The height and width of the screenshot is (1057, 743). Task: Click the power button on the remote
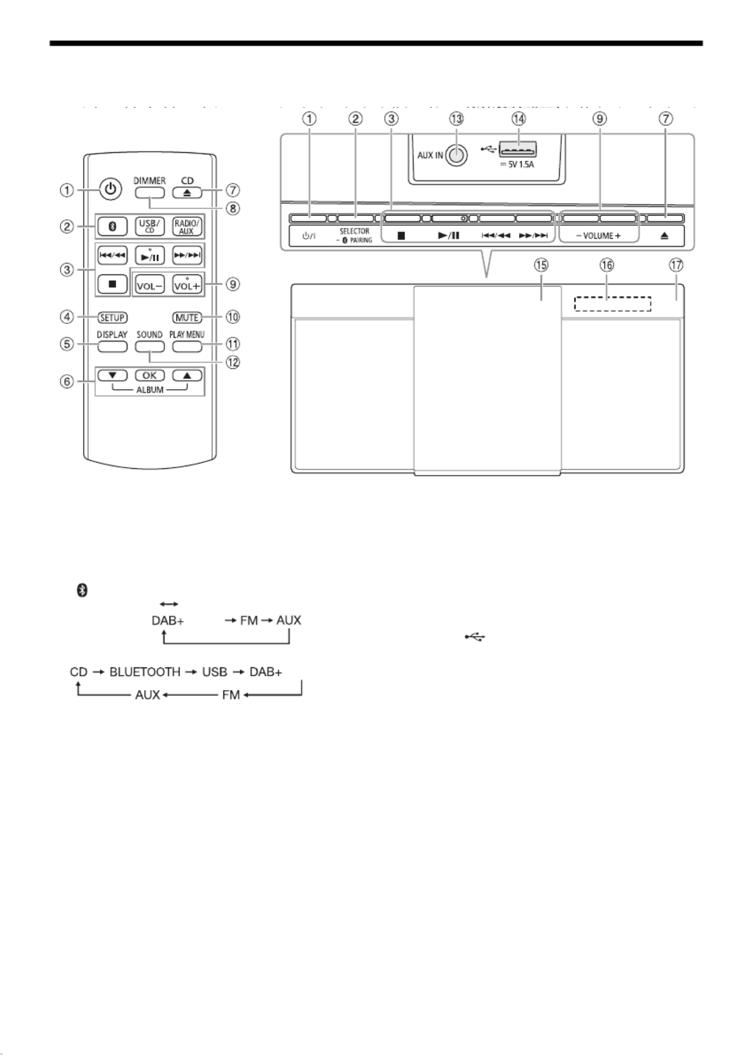pos(111,190)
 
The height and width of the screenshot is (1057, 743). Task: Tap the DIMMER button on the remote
pos(149,193)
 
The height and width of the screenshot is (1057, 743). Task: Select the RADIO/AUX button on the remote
pos(186,226)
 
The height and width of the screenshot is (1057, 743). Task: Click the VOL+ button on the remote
pos(186,284)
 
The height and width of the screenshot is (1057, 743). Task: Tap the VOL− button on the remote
pos(149,284)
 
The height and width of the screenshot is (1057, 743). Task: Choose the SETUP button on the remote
pos(111,317)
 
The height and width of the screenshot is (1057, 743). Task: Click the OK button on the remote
pos(149,376)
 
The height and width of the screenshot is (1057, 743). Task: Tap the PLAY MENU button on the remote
pos(186,347)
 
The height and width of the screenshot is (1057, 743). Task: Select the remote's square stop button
pos(111,284)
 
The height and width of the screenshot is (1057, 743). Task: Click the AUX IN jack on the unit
pos(457,155)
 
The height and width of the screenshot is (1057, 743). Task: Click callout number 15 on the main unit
pos(541,266)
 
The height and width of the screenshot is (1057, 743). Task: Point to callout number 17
pos(676,266)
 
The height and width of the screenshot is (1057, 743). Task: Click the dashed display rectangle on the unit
pos(612,304)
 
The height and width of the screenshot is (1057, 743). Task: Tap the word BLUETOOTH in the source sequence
pos(145,671)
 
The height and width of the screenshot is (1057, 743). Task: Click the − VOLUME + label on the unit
pos(598,236)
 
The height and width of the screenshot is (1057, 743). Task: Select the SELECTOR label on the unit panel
pos(354,231)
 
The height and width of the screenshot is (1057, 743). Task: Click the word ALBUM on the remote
pos(150,390)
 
